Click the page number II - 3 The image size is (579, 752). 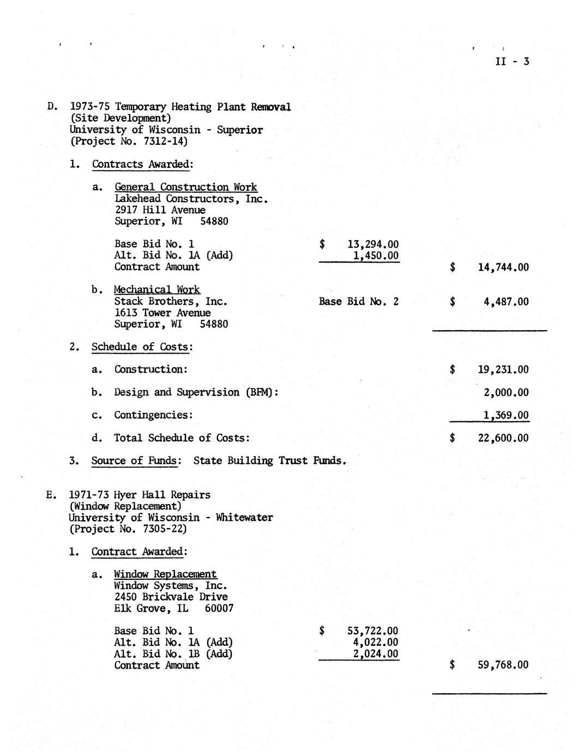512,62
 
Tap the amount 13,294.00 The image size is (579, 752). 372,245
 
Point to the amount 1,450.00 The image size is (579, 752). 376,256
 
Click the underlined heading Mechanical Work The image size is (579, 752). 157,290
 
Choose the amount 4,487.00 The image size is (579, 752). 505,302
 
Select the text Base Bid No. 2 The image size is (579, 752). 359,301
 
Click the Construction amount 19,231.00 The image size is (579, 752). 503,369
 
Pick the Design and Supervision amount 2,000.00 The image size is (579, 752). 506,392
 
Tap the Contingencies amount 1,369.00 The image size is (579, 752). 506,415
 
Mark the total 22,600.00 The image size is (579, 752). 503,438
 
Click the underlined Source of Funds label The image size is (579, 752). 135,461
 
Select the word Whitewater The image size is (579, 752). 244,518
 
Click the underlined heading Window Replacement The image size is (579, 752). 165,574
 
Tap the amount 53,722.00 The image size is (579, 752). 372,632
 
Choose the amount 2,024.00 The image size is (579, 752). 376,654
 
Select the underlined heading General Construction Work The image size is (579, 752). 186,187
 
